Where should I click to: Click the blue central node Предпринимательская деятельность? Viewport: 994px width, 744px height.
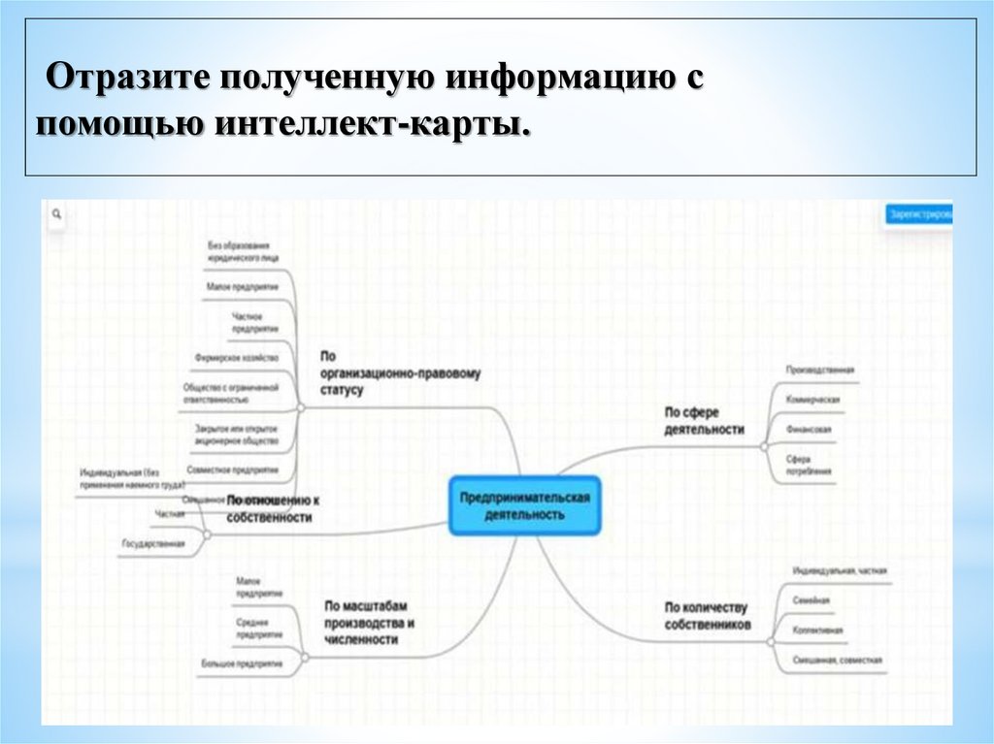[x=525, y=505]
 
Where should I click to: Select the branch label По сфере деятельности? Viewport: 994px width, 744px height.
[x=704, y=420]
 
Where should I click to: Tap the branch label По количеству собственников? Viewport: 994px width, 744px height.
[x=707, y=616]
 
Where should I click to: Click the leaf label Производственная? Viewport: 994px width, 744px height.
[x=819, y=370]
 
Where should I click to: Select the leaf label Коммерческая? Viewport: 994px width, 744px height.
[x=812, y=400]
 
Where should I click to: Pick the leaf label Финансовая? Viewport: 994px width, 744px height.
[x=809, y=429]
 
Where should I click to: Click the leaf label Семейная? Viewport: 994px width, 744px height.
[x=811, y=600]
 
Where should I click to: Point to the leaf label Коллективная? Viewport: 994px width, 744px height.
[x=817, y=631]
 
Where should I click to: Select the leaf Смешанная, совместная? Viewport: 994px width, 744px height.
[x=837, y=661]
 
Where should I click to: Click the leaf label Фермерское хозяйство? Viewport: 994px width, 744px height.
[x=236, y=358]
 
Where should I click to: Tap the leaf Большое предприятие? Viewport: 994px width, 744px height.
[x=242, y=664]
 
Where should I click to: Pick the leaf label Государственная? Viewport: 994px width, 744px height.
[x=152, y=544]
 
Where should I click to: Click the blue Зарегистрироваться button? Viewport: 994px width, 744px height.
[x=918, y=214]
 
